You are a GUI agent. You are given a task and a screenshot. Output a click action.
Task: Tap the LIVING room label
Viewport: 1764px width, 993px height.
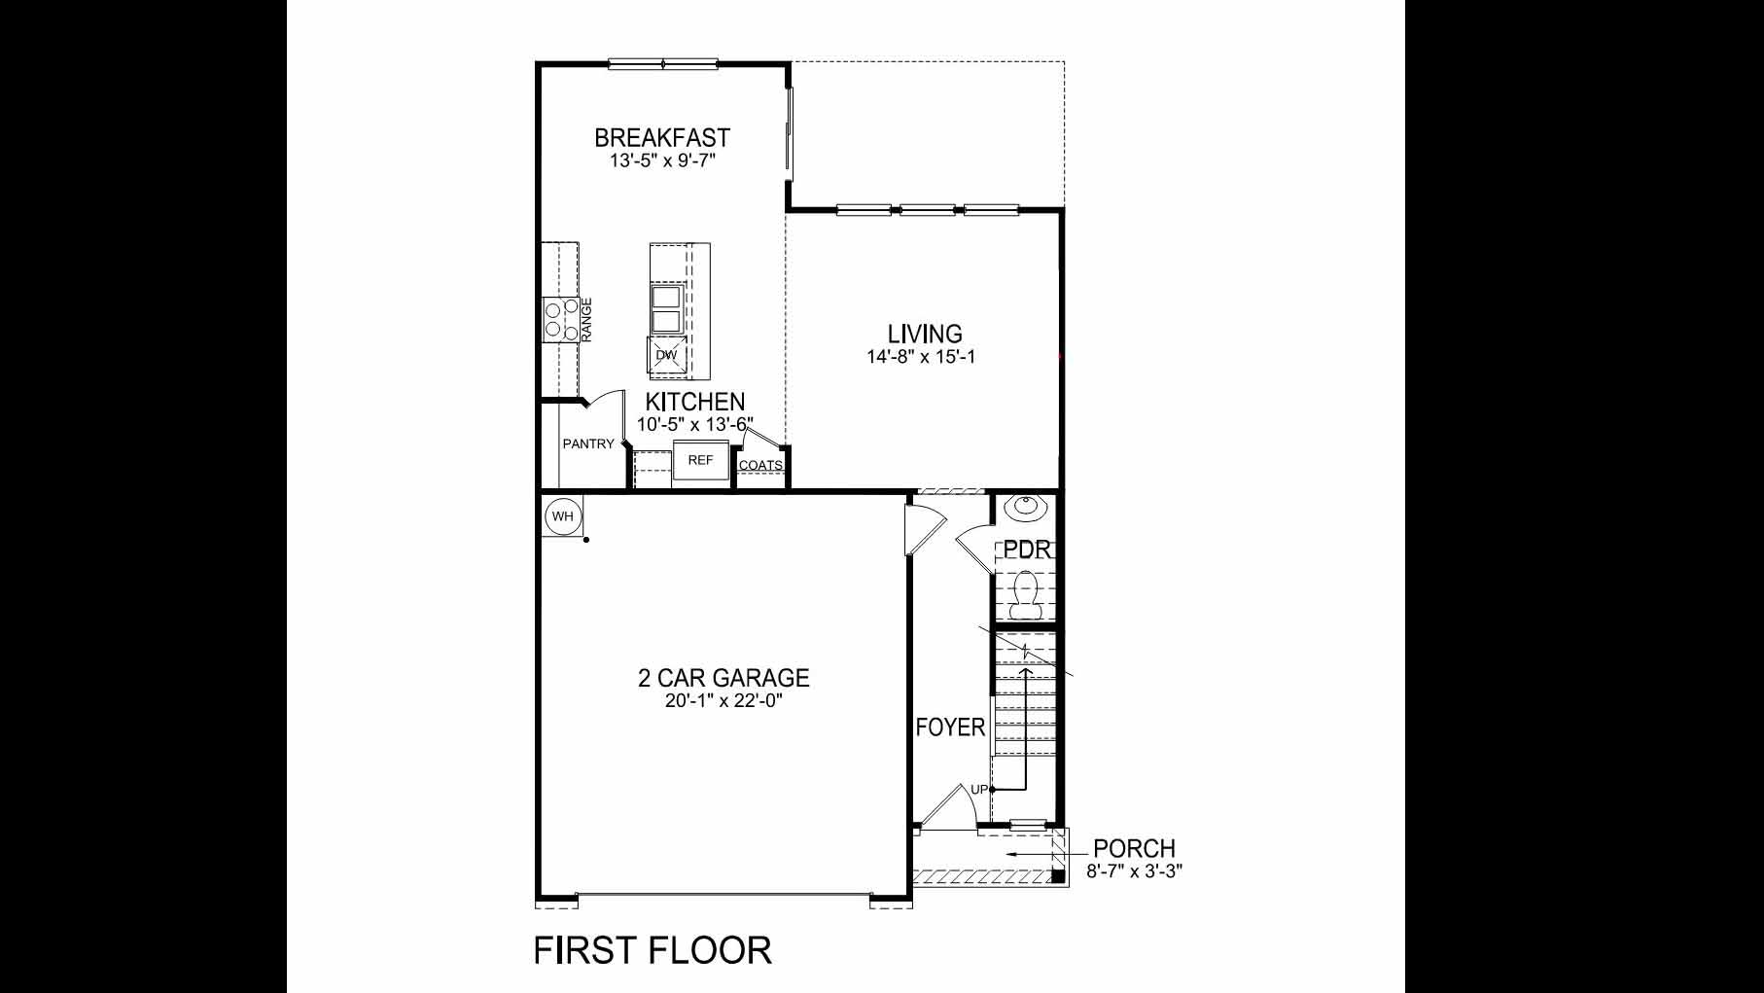tap(924, 335)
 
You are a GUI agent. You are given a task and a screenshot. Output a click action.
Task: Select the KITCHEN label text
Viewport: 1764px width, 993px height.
tap(695, 402)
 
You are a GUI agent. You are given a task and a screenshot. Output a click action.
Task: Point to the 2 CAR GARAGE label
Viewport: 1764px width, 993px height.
tap(723, 677)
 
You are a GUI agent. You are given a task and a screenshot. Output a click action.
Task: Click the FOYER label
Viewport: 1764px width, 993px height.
tap(950, 727)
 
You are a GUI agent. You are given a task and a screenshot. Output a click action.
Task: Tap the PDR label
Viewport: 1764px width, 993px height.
tap(1027, 550)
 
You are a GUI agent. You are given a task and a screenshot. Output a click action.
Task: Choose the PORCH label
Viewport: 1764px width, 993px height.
tap(1134, 849)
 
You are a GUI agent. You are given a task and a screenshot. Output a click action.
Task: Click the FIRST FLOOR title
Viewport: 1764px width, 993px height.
tap(653, 950)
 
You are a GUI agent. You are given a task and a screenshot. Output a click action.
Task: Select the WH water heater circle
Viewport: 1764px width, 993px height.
tap(563, 516)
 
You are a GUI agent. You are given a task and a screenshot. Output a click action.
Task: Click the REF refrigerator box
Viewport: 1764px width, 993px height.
tap(700, 461)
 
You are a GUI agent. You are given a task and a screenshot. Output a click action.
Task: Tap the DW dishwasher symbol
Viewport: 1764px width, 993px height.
tap(666, 355)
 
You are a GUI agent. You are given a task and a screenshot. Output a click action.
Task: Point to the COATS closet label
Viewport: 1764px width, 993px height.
tap(760, 466)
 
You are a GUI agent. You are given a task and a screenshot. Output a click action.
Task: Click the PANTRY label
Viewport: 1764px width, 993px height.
tap(588, 444)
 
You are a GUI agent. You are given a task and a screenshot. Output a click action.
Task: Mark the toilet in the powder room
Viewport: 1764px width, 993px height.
tap(1025, 593)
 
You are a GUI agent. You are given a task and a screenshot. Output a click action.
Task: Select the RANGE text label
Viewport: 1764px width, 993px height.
tap(586, 320)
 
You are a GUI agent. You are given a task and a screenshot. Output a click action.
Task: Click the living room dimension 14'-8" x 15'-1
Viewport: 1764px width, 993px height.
tap(921, 357)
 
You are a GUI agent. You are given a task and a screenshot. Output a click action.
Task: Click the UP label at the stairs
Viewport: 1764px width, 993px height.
tap(978, 790)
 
